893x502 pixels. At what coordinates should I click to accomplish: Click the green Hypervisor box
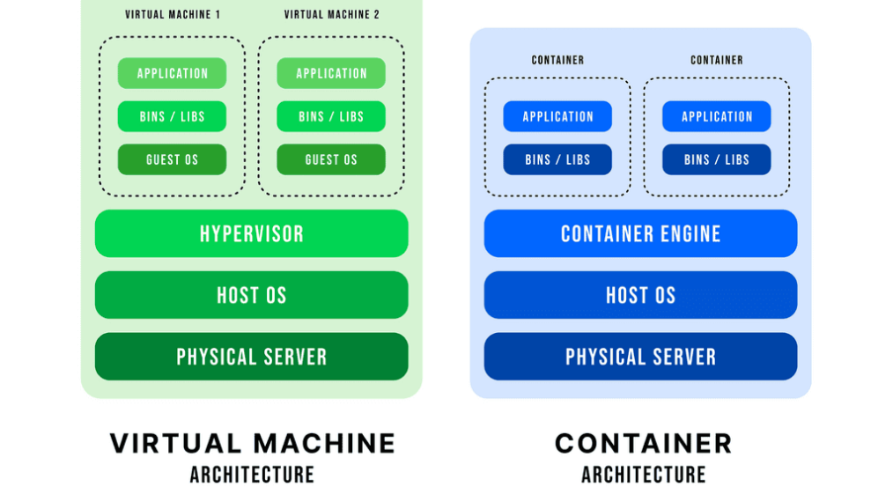[x=251, y=233]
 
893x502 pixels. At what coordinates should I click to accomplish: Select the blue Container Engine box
[x=640, y=233]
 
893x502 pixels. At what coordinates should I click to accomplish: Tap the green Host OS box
[x=251, y=295]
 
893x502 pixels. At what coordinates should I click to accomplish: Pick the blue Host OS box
[x=640, y=295]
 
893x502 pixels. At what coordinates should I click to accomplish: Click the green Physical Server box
[x=251, y=357]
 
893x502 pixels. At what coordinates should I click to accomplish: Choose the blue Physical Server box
[x=640, y=357]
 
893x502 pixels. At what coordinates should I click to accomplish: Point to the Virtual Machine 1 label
[x=173, y=14]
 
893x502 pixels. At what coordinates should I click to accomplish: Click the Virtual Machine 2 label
[x=331, y=14]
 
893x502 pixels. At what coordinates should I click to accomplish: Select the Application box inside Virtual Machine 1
[x=172, y=73]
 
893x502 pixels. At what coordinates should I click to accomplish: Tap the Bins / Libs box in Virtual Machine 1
[x=172, y=116]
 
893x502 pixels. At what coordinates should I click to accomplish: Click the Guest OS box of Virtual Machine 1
[x=172, y=159]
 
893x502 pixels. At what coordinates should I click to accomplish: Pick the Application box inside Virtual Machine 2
[x=331, y=73]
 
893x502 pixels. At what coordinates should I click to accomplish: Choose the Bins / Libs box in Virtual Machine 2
[x=331, y=116]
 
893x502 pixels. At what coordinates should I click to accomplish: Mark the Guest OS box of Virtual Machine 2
[x=331, y=159]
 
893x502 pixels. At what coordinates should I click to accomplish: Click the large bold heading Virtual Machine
[x=252, y=443]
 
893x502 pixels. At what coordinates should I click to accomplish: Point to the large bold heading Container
[x=644, y=443]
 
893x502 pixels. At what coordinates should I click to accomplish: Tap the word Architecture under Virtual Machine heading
[x=252, y=475]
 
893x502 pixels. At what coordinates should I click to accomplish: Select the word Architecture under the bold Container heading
[x=644, y=475]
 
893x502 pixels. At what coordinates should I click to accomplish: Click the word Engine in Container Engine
[x=690, y=233]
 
